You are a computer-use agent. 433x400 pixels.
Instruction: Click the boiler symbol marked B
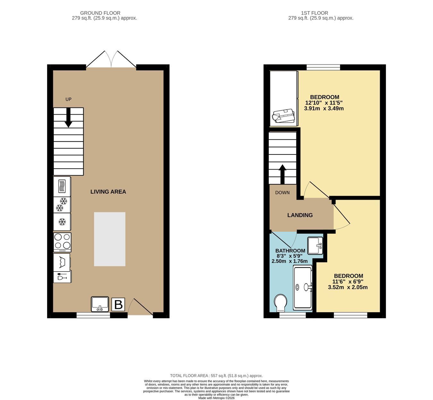118,304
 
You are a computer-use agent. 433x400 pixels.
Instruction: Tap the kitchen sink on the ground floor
100,304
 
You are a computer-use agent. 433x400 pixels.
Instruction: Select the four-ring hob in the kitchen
62,242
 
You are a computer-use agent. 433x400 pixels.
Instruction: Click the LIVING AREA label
108,192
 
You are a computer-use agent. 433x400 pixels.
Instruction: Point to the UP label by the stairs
68,99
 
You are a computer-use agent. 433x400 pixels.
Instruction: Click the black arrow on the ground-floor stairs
68,117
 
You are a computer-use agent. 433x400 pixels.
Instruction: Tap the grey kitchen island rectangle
110,239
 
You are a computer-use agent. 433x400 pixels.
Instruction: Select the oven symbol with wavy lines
62,187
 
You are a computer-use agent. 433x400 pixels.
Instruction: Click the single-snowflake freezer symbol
62,222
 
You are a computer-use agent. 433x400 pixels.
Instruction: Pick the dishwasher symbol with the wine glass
62,276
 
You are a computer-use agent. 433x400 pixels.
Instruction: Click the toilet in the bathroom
281,303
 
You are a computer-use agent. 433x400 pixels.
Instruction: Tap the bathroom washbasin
315,246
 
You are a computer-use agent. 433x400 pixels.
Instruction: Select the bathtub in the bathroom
303,287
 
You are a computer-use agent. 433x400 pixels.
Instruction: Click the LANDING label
300,215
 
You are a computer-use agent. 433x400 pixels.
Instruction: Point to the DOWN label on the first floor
282,193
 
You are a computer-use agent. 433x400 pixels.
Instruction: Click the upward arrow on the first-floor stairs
283,174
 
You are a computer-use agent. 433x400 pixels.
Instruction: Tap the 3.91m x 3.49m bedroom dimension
324,109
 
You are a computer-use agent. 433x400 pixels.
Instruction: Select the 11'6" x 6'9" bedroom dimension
348,282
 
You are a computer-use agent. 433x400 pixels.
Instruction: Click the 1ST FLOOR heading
315,13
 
